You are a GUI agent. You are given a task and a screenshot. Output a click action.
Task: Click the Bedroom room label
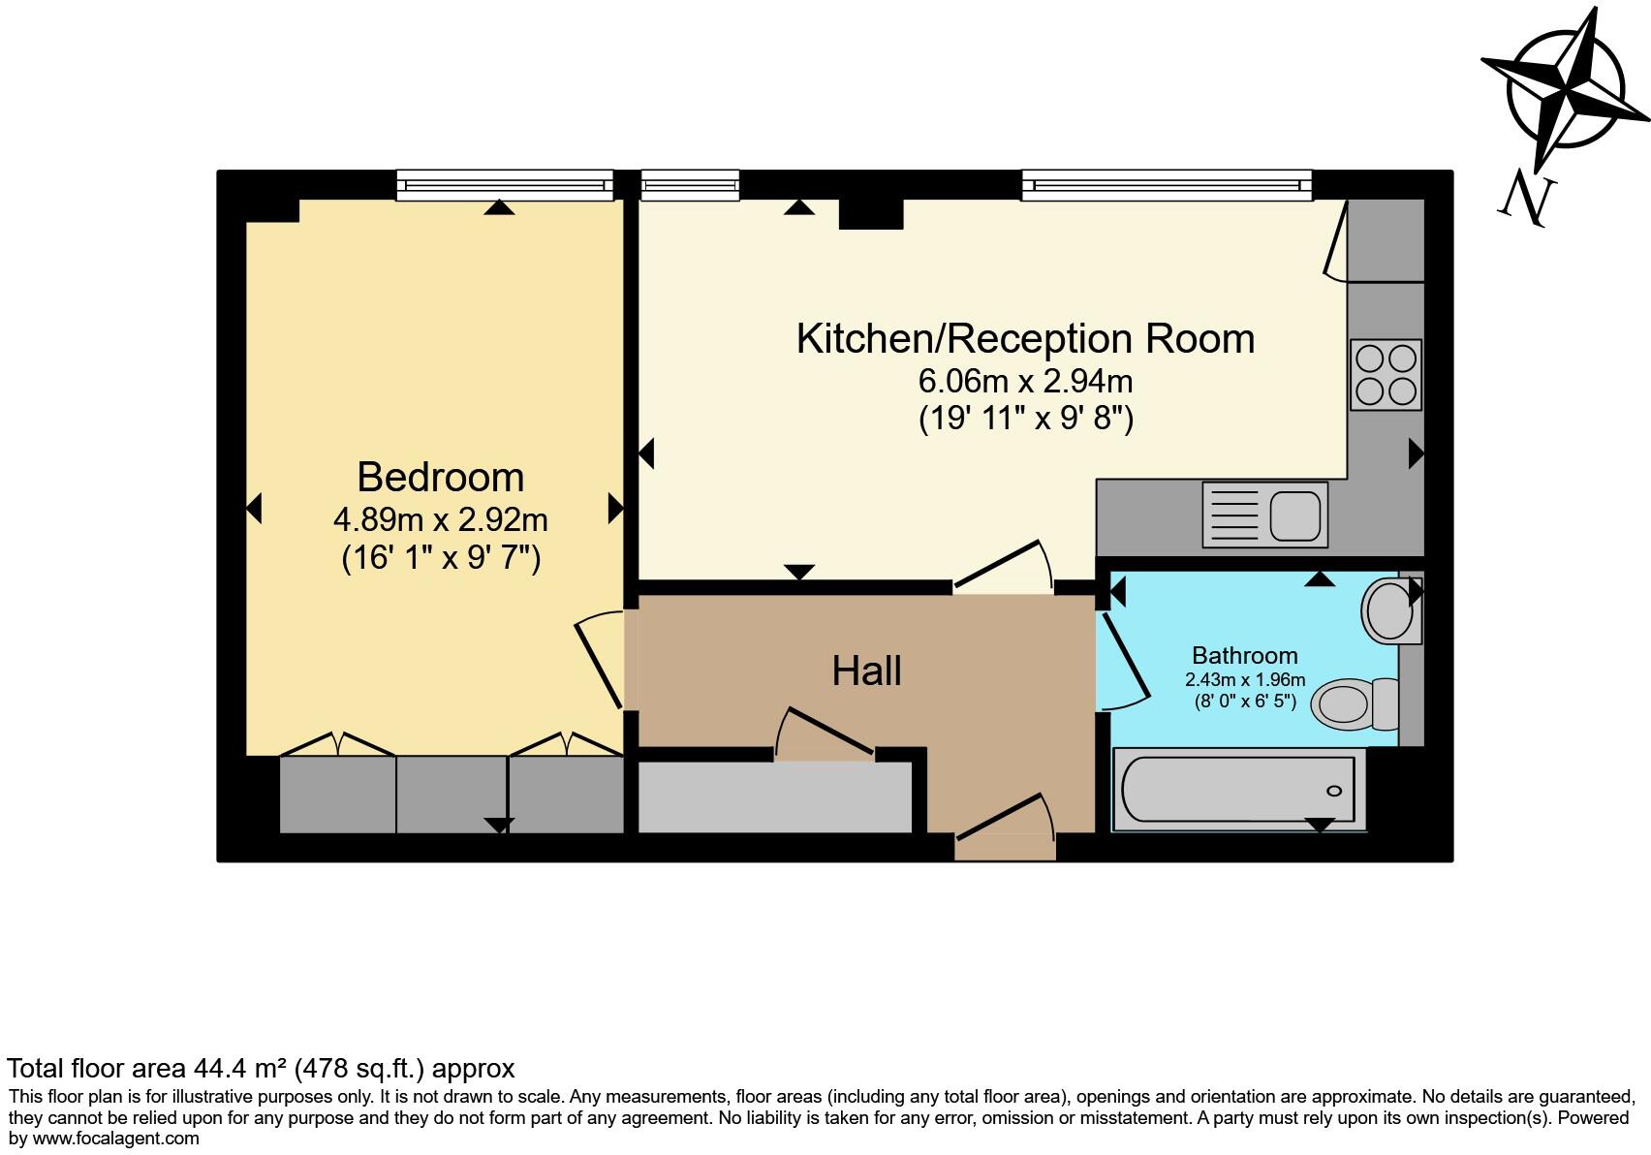(440, 478)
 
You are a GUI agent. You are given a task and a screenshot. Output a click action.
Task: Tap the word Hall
(866, 671)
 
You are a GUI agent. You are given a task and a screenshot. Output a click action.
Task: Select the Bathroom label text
(1244, 656)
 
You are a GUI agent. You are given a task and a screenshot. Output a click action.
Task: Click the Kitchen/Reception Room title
(1025, 338)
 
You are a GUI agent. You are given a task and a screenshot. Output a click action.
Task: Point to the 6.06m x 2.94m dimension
(1025, 382)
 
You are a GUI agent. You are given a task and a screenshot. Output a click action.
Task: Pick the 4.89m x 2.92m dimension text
(440, 520)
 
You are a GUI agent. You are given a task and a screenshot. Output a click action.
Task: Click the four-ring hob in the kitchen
(1386, 375)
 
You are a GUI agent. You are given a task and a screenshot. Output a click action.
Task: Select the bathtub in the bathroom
(1238, 790)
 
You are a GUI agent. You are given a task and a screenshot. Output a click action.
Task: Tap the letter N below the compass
(1528, 200)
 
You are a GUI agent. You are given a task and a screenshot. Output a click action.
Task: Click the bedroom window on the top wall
(505, 184)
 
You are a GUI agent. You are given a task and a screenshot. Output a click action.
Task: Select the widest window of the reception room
(1166, 184)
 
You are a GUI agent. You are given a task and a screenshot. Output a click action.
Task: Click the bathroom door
(1124, 659)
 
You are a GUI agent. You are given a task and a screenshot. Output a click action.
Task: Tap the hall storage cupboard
(774, 797)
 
